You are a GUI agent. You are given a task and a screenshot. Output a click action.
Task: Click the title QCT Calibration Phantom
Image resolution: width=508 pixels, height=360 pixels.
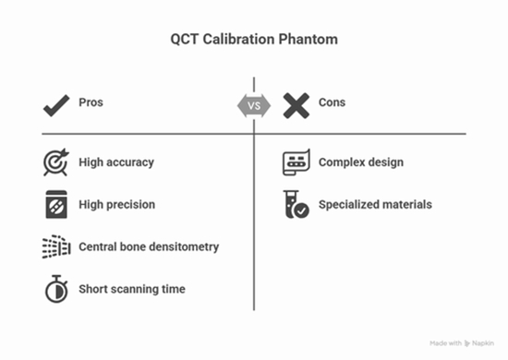click(x=253, y=40)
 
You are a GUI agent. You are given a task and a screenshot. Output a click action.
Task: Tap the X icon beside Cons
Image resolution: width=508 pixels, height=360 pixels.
click(x=296, y=104)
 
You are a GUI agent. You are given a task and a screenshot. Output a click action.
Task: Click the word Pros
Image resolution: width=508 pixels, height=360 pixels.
click(x=91, y=102)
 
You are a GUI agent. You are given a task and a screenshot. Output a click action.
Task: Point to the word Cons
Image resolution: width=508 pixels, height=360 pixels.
click(x=332, y=102)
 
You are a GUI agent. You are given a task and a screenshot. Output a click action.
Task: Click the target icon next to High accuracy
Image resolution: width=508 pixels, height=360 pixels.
click(x=56, y=162)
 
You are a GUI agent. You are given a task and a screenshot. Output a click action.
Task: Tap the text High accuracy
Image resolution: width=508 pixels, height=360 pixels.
click(x=116, y=162)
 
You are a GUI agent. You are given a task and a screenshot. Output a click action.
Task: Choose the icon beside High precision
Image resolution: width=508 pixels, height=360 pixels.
click(x=56, y=205)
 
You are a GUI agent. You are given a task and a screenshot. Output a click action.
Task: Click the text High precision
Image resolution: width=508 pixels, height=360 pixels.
click(x=116, y=205)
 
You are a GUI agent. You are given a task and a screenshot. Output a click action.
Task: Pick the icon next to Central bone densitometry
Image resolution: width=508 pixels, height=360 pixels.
click(x=56, y=247)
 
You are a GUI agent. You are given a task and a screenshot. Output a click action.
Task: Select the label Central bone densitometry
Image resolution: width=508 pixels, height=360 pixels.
click(x=149, y=247)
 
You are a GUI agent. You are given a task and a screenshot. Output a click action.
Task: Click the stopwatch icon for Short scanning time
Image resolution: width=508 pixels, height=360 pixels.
click(x=56, y=289)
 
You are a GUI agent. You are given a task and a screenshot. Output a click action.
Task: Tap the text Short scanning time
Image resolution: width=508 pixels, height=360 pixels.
click(x=132, y=289)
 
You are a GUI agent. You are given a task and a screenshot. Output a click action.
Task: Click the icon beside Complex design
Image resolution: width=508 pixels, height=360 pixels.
click(x=296, y=162)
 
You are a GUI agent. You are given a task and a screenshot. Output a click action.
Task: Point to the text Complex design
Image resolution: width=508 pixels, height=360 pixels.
click(x=361, y=162)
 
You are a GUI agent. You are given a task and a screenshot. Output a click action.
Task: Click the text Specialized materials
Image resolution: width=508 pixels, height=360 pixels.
click(x=375, y=205)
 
